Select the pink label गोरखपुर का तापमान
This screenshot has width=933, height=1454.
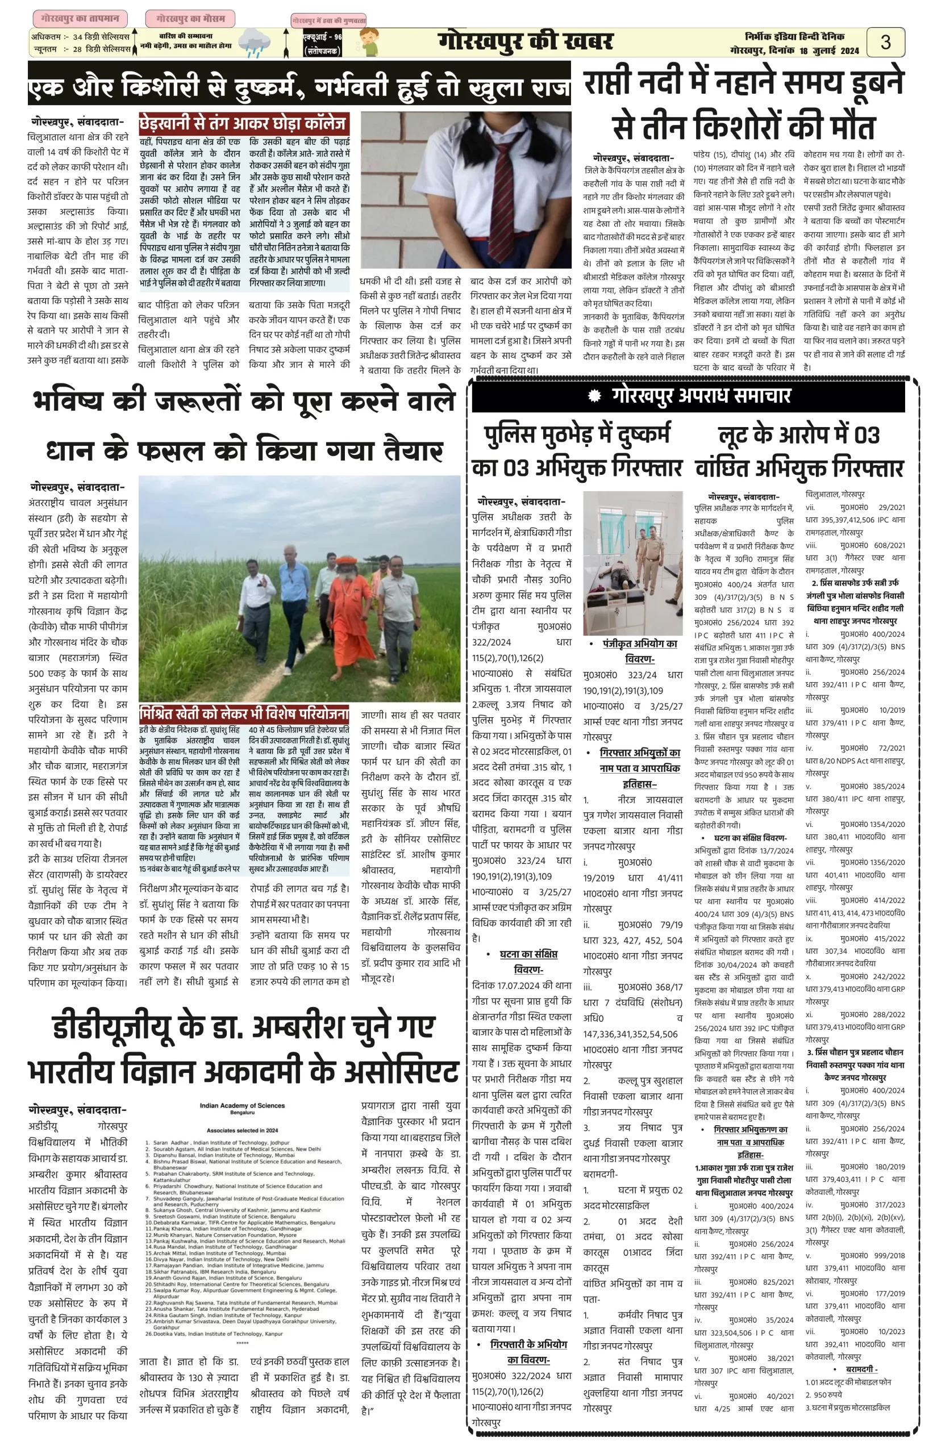click(80, 19)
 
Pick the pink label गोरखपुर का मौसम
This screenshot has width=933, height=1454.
click(190, 19)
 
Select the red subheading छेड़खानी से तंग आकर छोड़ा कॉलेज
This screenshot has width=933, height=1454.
click(244, 124)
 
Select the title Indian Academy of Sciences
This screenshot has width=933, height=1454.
click(241, 1105)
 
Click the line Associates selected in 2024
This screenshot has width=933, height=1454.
click(241, 1130)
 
